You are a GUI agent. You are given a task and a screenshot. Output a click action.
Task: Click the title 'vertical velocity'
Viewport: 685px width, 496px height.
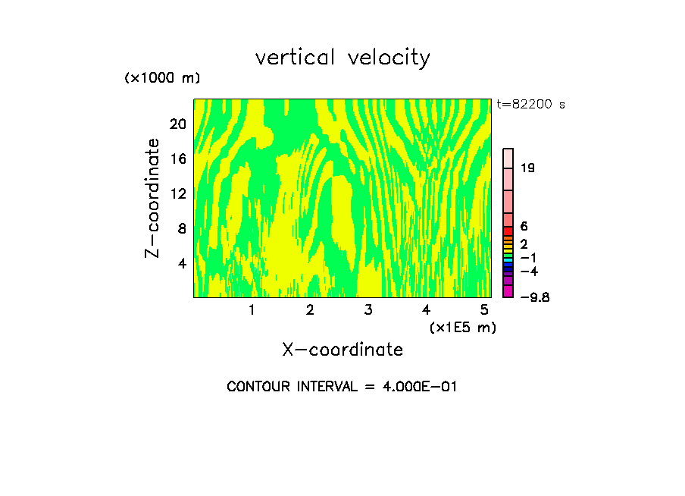[342, 58]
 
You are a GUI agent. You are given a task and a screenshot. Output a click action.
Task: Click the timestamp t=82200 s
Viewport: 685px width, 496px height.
[530, 105]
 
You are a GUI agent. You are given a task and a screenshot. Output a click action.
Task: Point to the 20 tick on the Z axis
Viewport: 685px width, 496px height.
[177, 124]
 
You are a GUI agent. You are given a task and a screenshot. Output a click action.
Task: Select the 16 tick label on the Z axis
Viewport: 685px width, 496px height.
[177, 159]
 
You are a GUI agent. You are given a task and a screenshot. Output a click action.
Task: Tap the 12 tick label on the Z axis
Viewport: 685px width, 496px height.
[177, 193]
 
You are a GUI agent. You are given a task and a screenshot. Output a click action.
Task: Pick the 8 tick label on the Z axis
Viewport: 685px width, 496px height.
[181, 228]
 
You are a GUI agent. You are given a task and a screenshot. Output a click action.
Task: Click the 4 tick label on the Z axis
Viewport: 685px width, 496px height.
[181, 263]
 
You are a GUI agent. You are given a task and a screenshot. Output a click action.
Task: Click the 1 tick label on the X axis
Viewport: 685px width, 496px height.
[252, 309]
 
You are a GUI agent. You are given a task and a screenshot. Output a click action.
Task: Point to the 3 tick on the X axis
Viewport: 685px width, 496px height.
[368, 309]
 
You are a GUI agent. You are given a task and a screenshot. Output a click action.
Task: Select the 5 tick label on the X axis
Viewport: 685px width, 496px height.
[484, 309]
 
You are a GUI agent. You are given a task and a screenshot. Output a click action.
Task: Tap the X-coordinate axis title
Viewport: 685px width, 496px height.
[342, 350]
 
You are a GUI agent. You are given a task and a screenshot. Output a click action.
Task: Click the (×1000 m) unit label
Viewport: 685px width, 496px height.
[162, 78]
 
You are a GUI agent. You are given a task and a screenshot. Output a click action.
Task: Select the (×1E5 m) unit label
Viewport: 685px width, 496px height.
[463, 327]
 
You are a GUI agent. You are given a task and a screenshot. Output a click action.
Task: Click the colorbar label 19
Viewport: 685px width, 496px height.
[527, 168]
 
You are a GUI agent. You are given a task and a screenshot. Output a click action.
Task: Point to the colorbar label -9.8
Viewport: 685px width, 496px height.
[535, 297]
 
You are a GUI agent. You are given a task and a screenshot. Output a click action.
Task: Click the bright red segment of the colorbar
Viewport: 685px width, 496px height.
[508, 231]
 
